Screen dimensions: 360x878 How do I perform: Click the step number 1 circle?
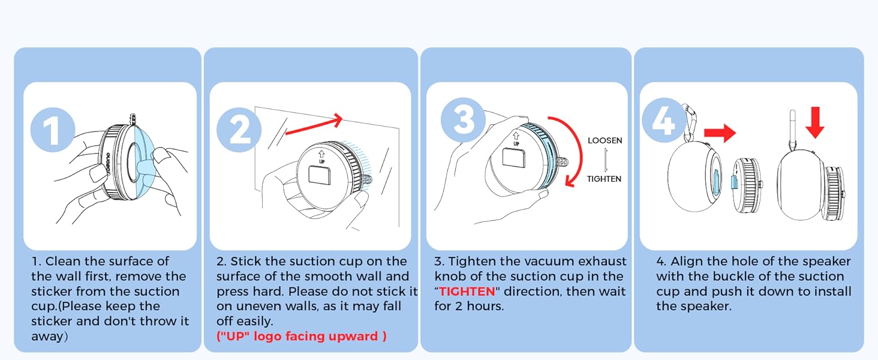point(53,130)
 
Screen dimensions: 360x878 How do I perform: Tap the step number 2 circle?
point(239,130)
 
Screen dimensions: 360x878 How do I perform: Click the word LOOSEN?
point(605,140)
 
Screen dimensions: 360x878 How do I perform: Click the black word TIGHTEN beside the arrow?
point(604,179)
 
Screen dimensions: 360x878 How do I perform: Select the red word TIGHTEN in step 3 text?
point(467,292)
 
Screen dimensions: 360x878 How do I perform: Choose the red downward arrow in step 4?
point(814,122)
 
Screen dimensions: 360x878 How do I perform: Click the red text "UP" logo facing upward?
point(301,336)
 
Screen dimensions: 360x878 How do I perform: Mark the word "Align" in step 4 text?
point(687,262)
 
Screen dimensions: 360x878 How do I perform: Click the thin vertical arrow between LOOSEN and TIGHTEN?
point(606,160)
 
